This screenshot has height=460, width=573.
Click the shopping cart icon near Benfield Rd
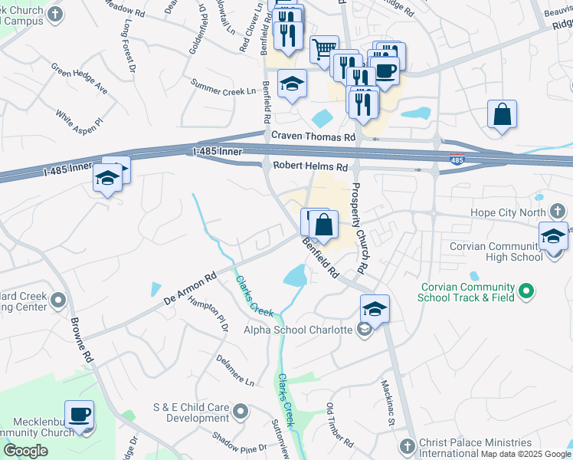coord(324,49)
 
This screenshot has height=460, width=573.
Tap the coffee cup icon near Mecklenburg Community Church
coord(79,414)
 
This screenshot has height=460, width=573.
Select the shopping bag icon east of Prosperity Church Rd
coord(502,114)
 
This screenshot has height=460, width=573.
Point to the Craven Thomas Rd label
coord(314,136)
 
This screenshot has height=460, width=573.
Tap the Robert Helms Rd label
coord(305,166)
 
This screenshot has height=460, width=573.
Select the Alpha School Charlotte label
coord(298,330)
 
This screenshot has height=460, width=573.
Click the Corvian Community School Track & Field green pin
coord(526,291)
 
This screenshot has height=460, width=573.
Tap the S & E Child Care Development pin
coord(241,412)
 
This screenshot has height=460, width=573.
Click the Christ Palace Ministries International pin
coord(408,445)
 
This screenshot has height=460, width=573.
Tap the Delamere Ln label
coord(234,370)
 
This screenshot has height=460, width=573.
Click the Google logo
coord(25,451)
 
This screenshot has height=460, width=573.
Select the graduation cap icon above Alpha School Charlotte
coord(375,308)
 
